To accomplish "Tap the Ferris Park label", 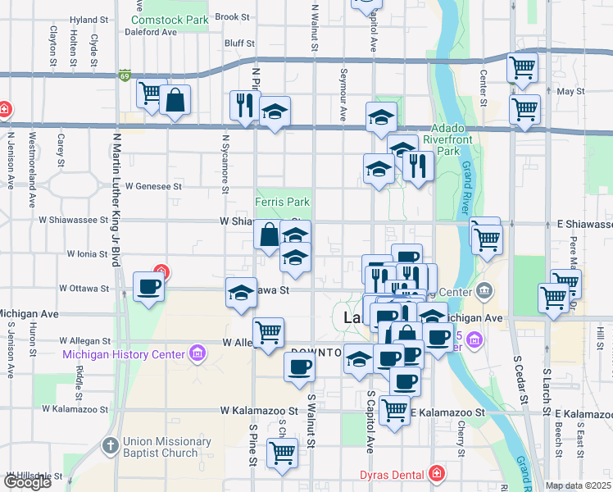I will [283, 201].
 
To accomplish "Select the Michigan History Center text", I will [125, 354].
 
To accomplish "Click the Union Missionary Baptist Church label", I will [161, 447].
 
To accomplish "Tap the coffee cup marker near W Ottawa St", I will [148, 287].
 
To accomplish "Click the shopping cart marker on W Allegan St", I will [268, 332].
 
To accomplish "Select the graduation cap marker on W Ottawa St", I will [240, 293].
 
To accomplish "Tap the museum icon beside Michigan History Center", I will [197, 354].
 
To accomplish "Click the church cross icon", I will [111, 447].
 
